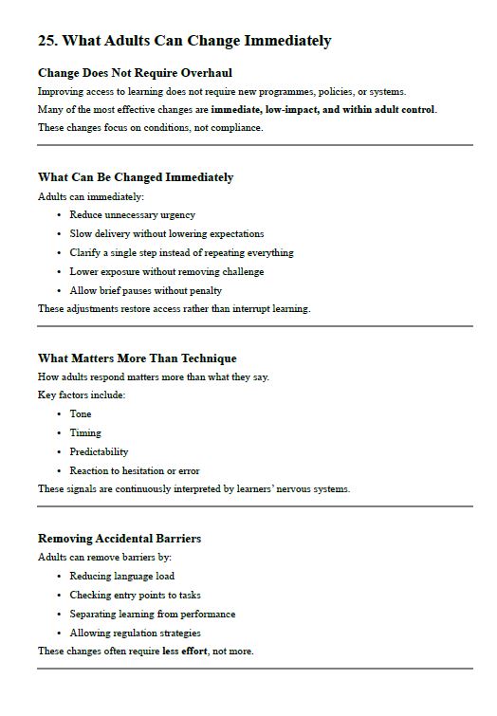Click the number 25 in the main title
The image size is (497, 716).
(46, 41)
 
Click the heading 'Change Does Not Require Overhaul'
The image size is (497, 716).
(135, 72)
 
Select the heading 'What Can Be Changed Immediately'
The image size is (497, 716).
(136, 177)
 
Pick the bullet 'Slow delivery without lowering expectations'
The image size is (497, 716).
(167, 233)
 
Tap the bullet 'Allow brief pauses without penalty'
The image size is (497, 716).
(145, 290)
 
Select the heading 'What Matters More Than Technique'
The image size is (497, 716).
(137, 358)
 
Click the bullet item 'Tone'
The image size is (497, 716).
(81, 413)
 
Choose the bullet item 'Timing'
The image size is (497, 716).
(85, 432)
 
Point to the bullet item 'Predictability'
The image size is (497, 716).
(99, 451)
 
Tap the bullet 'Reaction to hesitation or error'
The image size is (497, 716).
(135, 470)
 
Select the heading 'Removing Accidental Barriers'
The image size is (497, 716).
(120, 539)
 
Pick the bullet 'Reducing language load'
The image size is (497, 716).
(122, 576)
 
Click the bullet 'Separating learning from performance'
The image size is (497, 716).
(153, 614)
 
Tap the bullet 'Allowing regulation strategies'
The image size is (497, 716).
(135, 633)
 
